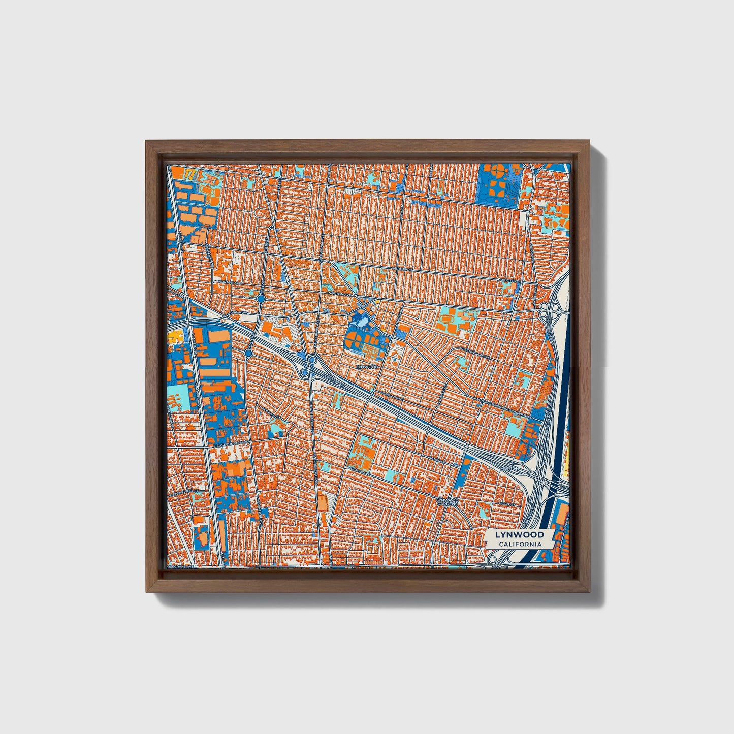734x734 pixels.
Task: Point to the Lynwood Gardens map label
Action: point(448,502)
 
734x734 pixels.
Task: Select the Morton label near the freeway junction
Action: point(510,468)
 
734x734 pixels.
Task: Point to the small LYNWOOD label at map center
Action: point(367,366)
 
